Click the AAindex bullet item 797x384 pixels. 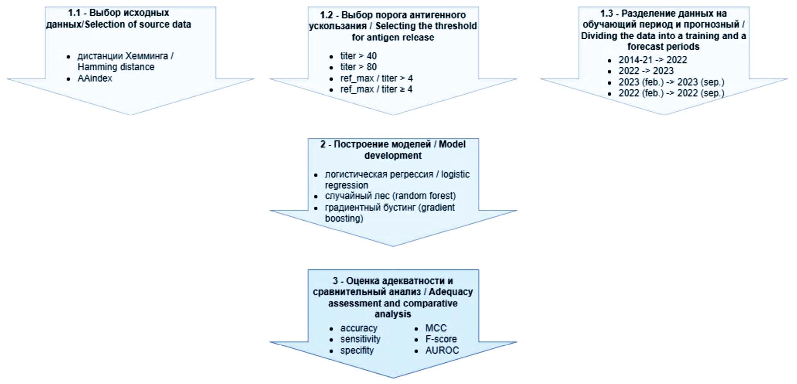coord(95,78)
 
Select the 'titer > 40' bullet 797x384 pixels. coord(358,56)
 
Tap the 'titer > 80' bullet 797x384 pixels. coord(358,67)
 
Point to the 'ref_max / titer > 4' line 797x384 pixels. coord(376,78)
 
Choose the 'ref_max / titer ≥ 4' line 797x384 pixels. coord(376,89)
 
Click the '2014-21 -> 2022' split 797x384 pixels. coord(653,60)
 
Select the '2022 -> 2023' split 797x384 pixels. coord(646,71)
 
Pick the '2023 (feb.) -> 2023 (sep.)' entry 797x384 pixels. coord(671,82)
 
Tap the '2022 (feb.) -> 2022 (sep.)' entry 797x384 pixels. coord(671,93)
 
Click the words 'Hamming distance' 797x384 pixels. coord(116,67)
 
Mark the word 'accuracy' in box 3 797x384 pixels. coord(359,328)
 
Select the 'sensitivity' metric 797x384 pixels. coord(360,339)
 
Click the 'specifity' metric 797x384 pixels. coord(357,350)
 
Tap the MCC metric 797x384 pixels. coord(436,328)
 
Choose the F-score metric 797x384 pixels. coord(441,339)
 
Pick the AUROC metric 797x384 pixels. coord(442,350)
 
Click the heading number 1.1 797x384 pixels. coord(74,13)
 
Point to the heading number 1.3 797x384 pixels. coord(607,14)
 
